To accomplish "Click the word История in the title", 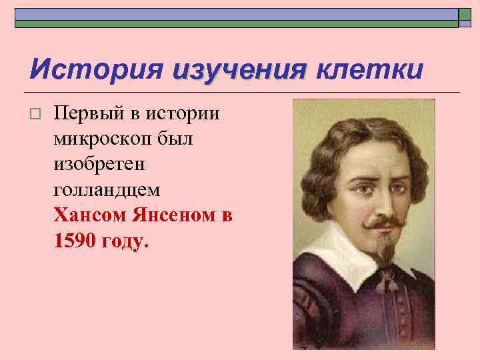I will (x=96, y=69).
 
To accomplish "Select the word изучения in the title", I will (x=238, y=69).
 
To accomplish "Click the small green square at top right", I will (x=465, y=18).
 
